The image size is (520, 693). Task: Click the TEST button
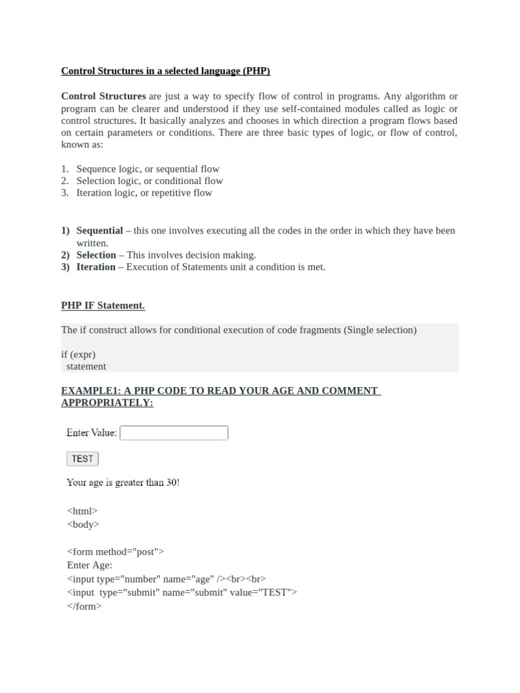click(x=83, y=459)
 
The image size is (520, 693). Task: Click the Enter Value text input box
click(x=174, y=432)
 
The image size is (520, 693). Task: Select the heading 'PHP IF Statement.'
click(x=103, y=305)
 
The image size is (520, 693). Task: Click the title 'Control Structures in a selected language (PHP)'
click(x=166, y=70)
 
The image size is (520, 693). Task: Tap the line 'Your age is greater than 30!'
click(x=123, y=483)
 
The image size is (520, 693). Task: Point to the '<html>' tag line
click(x=82, y=511)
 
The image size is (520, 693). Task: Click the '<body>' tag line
click(x=83, y=524)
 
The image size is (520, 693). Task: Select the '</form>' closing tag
click(x=85, y=606)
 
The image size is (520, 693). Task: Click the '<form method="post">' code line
click(x=116, y=552)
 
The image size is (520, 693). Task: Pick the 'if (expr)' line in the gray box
click(x=79, y=354)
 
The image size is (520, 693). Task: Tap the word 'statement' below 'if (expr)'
click(x=86, y=366)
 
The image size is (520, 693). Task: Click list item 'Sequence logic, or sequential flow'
click(x=148, y=169)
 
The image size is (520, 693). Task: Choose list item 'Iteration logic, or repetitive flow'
click(x=144, y=193)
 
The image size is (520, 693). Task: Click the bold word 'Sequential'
click(x=100, y=231)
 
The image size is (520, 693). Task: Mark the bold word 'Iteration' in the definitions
click(x=96, y=267)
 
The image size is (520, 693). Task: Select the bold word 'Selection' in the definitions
click(x=96, y=255)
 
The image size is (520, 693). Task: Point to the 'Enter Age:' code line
click(x=90, y=565)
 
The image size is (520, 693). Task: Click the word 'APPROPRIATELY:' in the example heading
click(x=107, y=403)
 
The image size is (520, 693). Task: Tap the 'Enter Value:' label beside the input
click(x=91, y=432)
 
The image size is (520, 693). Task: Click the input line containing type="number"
click(x=167, y=579)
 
